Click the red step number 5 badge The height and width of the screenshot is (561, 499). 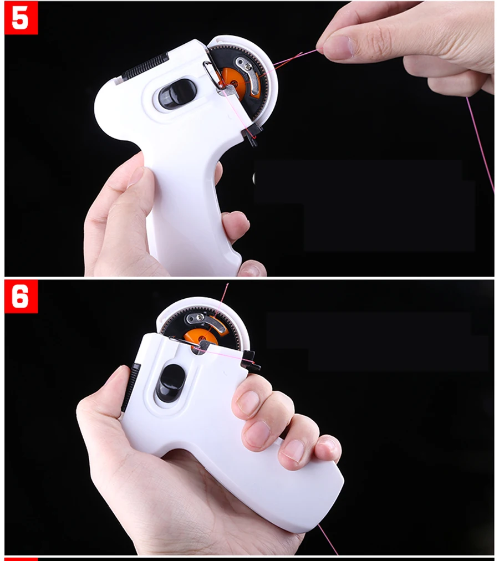(x=21, y=18)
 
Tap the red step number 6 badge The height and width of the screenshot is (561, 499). (x=21, y=297)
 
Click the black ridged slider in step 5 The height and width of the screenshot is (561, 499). (x=145, y=66)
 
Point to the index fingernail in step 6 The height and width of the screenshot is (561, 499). (x=248, y=401)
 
